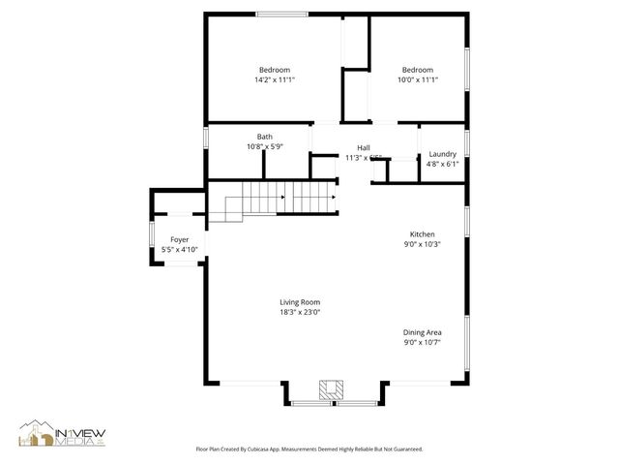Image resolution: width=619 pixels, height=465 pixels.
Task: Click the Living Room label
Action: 299,302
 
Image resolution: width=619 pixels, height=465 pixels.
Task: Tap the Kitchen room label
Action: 422,234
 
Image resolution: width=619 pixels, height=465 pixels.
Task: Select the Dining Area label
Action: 422,332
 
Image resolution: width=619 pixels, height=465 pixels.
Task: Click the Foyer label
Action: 179,239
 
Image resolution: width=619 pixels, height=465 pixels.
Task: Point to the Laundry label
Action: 442,154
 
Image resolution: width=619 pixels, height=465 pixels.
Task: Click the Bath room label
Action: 264,137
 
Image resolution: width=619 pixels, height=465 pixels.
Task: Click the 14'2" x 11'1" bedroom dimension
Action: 276,79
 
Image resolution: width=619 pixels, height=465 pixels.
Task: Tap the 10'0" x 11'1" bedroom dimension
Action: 417,79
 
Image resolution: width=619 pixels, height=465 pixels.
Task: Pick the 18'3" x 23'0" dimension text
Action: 299,312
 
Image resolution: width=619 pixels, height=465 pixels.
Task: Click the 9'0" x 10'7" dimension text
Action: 422,342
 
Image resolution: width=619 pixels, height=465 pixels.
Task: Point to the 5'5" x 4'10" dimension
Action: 179,250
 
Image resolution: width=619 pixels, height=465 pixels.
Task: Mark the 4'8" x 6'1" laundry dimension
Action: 442,164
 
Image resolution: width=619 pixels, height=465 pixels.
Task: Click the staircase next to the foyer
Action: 280,201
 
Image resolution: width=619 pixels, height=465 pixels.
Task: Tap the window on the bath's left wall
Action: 205,139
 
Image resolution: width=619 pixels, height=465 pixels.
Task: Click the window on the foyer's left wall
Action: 150,236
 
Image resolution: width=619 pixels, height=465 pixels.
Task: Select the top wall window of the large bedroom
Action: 282,14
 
